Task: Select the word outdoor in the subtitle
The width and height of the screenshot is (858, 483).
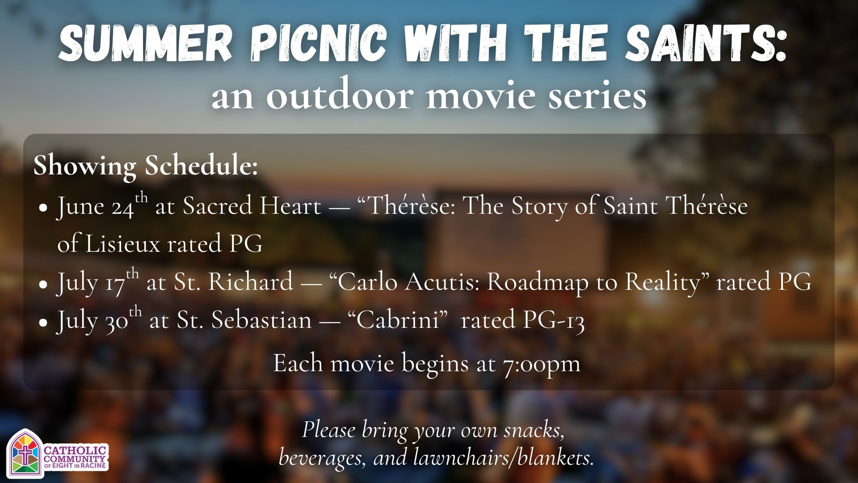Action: click(x=339, y=95)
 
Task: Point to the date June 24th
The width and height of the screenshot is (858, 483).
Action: click(x=102, y=206)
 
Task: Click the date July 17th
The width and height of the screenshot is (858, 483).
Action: click(x=98, y=282)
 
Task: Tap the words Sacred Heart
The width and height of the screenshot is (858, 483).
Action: click(x=252, y=206)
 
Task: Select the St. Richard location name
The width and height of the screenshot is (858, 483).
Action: click(x=233, y=282)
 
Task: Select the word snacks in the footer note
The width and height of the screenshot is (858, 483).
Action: click(x=534, y=430)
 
